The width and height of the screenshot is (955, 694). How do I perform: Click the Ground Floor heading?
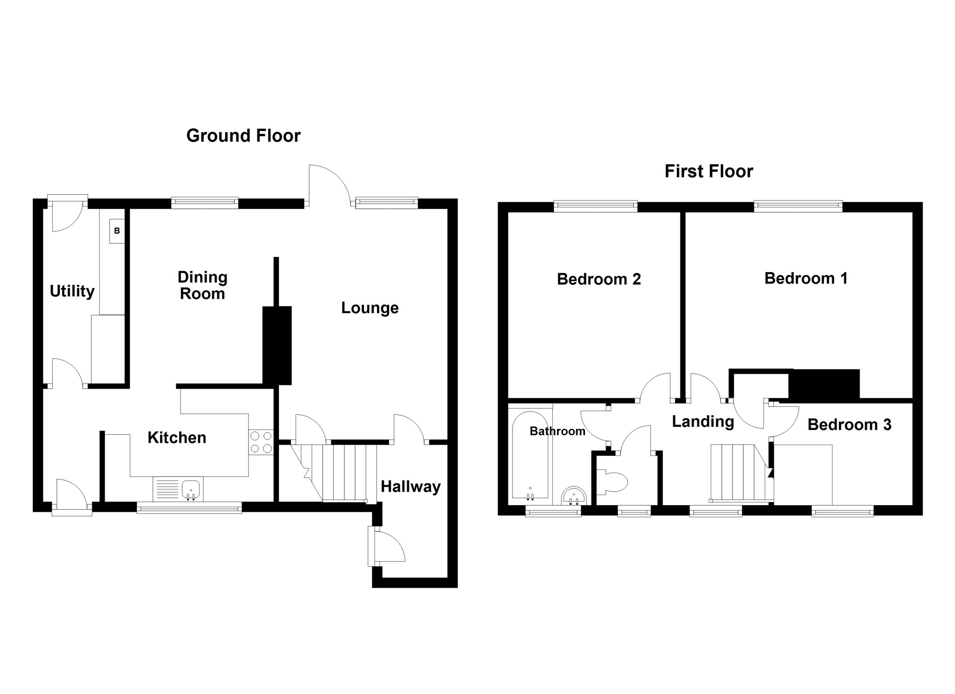[x=243, y=136]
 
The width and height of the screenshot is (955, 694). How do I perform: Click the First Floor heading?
[x=708, y=172]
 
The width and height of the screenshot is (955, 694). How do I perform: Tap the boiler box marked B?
[x=117, y=231]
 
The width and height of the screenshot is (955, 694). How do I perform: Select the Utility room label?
[x=72, y=291]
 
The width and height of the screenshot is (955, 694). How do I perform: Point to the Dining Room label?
[x=202, y=285]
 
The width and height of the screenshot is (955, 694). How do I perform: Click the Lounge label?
[x=370, y=308]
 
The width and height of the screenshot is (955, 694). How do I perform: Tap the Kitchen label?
[x=177, y=438]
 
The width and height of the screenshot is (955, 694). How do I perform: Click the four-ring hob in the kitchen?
[x=261, y=442]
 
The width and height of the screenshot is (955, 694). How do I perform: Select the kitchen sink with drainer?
[x=177, y=489]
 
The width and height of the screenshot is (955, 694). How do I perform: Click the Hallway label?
[x=410, y=487]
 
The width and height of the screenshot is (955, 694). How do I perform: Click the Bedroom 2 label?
[x=599, y=279]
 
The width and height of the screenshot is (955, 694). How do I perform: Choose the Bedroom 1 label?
[x=806, y=278]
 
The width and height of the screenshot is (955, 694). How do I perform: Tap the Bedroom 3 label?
[x=849, y=425]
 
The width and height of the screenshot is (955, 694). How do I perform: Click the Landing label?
[x=703, y=421]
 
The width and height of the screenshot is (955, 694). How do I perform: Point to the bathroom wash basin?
[x=574, y=496]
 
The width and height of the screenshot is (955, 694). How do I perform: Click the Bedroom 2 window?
[x=595, y=205]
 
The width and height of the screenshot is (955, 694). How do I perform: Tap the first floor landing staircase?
[x=737, y=472]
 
